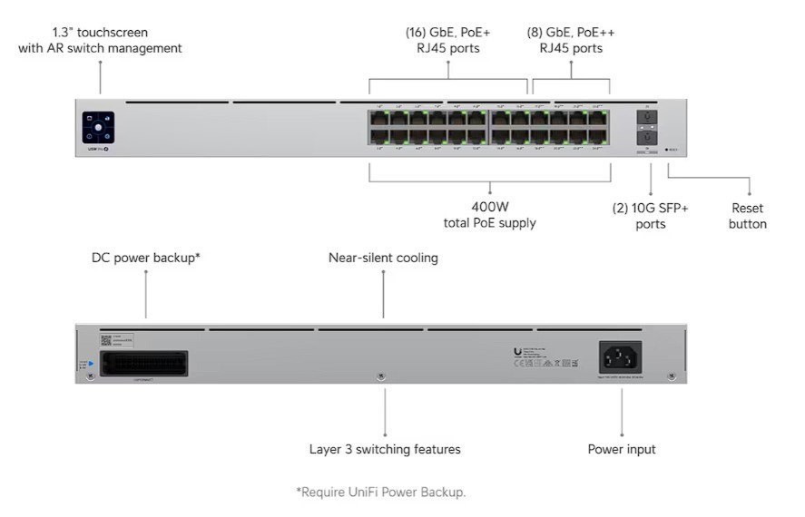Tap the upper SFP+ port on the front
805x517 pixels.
pos(648,117)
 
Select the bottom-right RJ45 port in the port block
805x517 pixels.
pos(599,137)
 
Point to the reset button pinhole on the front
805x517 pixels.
pos(667,150)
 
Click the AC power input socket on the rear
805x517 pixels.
pos(621,357)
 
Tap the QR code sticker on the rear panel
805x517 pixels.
pos(106,340)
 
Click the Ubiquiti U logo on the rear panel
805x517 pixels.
pos(517,352)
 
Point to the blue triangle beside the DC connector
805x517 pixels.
pos(90,364)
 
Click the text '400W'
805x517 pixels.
pos(489,207)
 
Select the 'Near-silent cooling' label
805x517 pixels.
pos(383,258)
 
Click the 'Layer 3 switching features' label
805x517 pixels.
pos(385,449)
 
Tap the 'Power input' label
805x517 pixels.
pos(622,449)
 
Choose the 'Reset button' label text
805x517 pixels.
pos(748,216)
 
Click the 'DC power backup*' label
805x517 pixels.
pos(146,258)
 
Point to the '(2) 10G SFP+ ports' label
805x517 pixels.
pos(651,216)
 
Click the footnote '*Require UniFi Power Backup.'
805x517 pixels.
pos(380,492)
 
